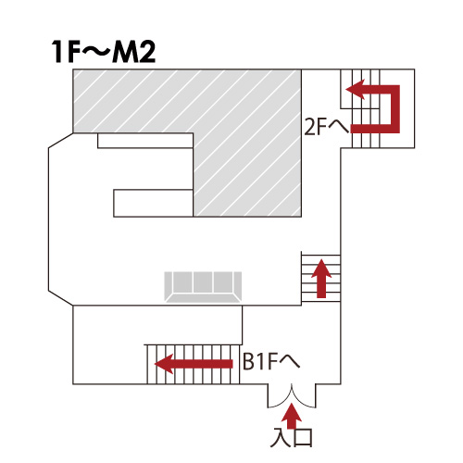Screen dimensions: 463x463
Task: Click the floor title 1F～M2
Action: coord(104,52)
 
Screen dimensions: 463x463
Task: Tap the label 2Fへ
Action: coord(327,127)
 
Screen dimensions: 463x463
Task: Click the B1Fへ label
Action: coord(271,361)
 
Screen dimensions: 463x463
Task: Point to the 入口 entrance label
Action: coord(292,437)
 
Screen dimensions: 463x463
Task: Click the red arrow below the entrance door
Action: coord(291,416)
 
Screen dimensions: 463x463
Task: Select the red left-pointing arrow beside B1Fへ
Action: coord(194,364)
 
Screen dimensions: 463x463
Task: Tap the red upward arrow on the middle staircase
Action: coord(321,279)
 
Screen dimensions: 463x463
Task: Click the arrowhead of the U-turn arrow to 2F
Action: coord(355,90)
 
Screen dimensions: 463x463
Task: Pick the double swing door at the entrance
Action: coord(292,396)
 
